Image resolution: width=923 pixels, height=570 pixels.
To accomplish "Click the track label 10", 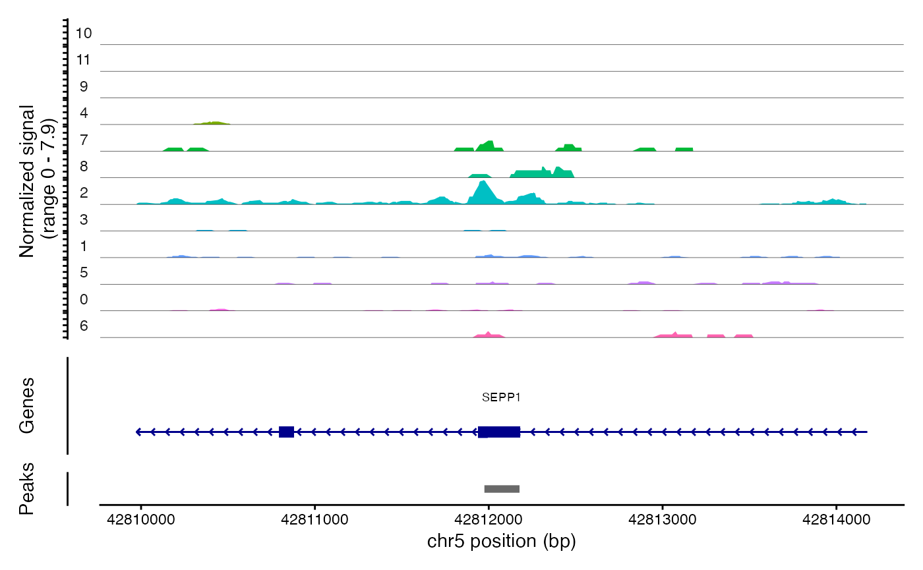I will tap(84, 33).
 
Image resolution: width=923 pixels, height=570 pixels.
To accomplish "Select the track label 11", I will tap(84, 60).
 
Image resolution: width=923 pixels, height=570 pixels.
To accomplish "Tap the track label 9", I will tap(84, 86).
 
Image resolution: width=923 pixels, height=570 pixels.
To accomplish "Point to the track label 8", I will tap(84, 167).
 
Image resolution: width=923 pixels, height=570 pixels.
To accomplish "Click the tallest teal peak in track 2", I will tap(483, 192).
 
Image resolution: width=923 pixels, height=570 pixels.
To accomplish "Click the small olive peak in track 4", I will tap(212, 123).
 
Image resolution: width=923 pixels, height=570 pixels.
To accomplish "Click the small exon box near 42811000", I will tap(286, 432).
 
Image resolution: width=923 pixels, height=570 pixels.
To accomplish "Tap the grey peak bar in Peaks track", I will tap(502, 489).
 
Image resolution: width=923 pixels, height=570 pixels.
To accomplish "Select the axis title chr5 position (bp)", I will tap(501, 542).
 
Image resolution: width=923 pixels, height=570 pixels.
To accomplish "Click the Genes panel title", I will tap(27, 406).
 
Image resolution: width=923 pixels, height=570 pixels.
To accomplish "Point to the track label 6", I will tap(84, 326).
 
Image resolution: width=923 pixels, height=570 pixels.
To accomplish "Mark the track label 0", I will tap(84, 300).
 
